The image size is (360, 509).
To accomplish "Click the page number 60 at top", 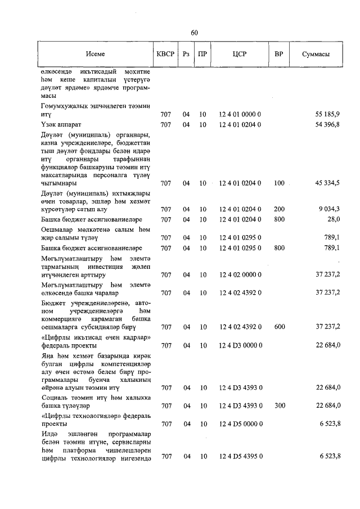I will (194, 33).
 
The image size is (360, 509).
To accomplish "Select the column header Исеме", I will (95, 54).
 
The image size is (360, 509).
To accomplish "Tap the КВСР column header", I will (165, 54).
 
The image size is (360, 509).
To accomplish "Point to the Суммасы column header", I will (315, 54).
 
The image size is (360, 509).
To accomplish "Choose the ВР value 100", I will (279, 183).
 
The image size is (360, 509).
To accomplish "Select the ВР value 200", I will (279, 209).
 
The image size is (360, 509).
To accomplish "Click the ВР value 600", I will (279, 326).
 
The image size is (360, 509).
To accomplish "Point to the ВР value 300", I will (279, 405).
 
